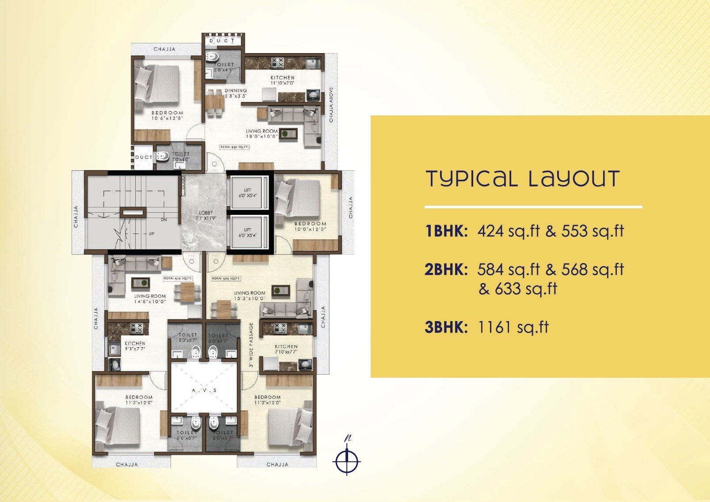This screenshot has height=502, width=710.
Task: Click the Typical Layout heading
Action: point(523,179)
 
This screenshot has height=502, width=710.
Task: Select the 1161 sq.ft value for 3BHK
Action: point(513,327)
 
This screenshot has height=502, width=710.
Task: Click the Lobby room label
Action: point(205,215)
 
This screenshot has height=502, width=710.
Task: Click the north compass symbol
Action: point(347,460)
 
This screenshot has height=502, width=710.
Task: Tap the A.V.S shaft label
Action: point(205,391)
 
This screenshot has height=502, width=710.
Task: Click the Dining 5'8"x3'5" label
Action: point(235,93)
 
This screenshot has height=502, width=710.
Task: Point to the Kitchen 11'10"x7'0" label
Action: point(282,80)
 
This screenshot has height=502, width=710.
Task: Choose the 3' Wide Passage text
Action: point(251,345)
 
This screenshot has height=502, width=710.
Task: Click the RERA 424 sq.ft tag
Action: point(178,279)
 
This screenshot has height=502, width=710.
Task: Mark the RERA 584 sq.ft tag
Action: point(226,279)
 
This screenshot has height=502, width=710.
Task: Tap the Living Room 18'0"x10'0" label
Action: point(262,134)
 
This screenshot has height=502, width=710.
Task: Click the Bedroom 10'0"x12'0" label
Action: point(310,226)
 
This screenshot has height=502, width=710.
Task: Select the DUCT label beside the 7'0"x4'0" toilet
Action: point(144,157)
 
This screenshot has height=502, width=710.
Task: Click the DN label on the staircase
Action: point(163,219)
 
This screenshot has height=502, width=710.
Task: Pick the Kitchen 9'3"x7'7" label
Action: point(135,346)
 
